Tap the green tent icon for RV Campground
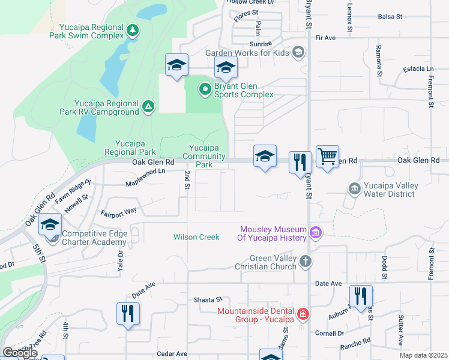148,107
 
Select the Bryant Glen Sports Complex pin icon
205,90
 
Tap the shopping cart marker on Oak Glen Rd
327,157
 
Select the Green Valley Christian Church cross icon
306,261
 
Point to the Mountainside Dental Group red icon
303,314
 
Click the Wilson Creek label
196,237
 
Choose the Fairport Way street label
119,211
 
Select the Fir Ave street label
325,38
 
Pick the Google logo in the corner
20,353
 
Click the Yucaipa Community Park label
204,156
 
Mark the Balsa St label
390,17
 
